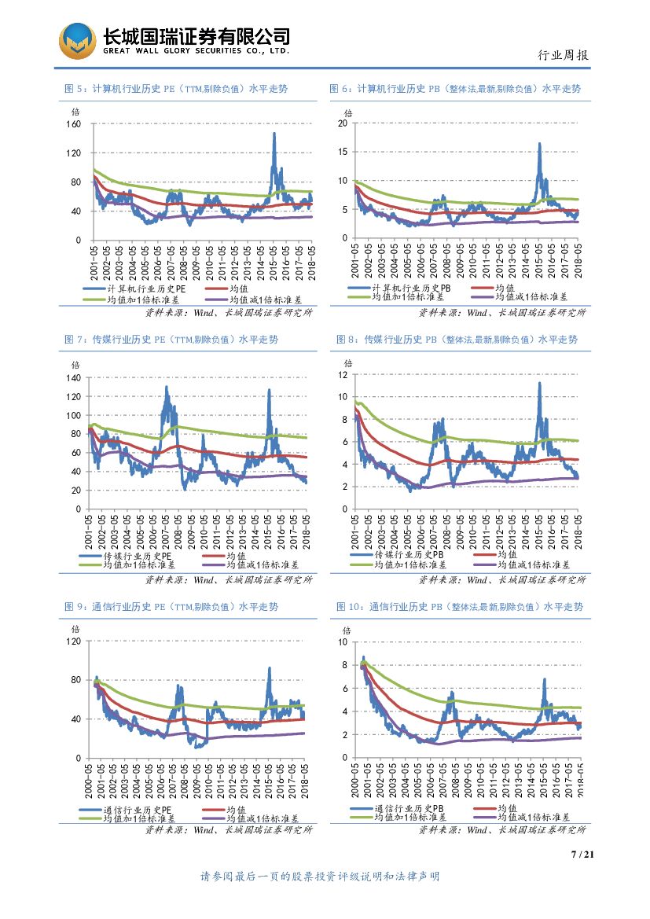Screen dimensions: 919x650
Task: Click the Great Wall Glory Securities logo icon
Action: point(79,39)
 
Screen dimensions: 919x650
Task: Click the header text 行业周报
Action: point(562,55)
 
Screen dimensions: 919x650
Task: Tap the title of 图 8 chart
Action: point(457,340)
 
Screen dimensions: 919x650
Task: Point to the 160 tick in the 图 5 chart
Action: point(74,124)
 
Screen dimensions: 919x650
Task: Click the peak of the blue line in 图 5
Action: point(274,133)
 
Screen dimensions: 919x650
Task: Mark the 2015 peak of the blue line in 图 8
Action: point(539,383)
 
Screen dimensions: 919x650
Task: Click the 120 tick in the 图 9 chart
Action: point(74,641)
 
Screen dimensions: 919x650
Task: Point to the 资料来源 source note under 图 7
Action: point(229,580)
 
